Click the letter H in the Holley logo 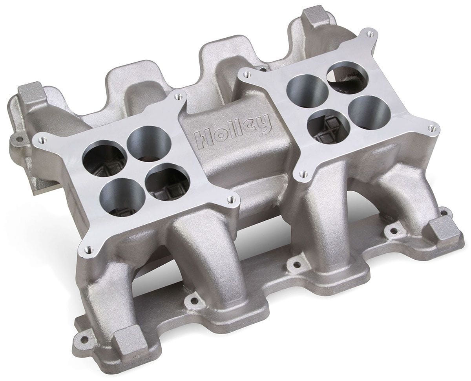coord(201,137)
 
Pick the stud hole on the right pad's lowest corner coord(302,173)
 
